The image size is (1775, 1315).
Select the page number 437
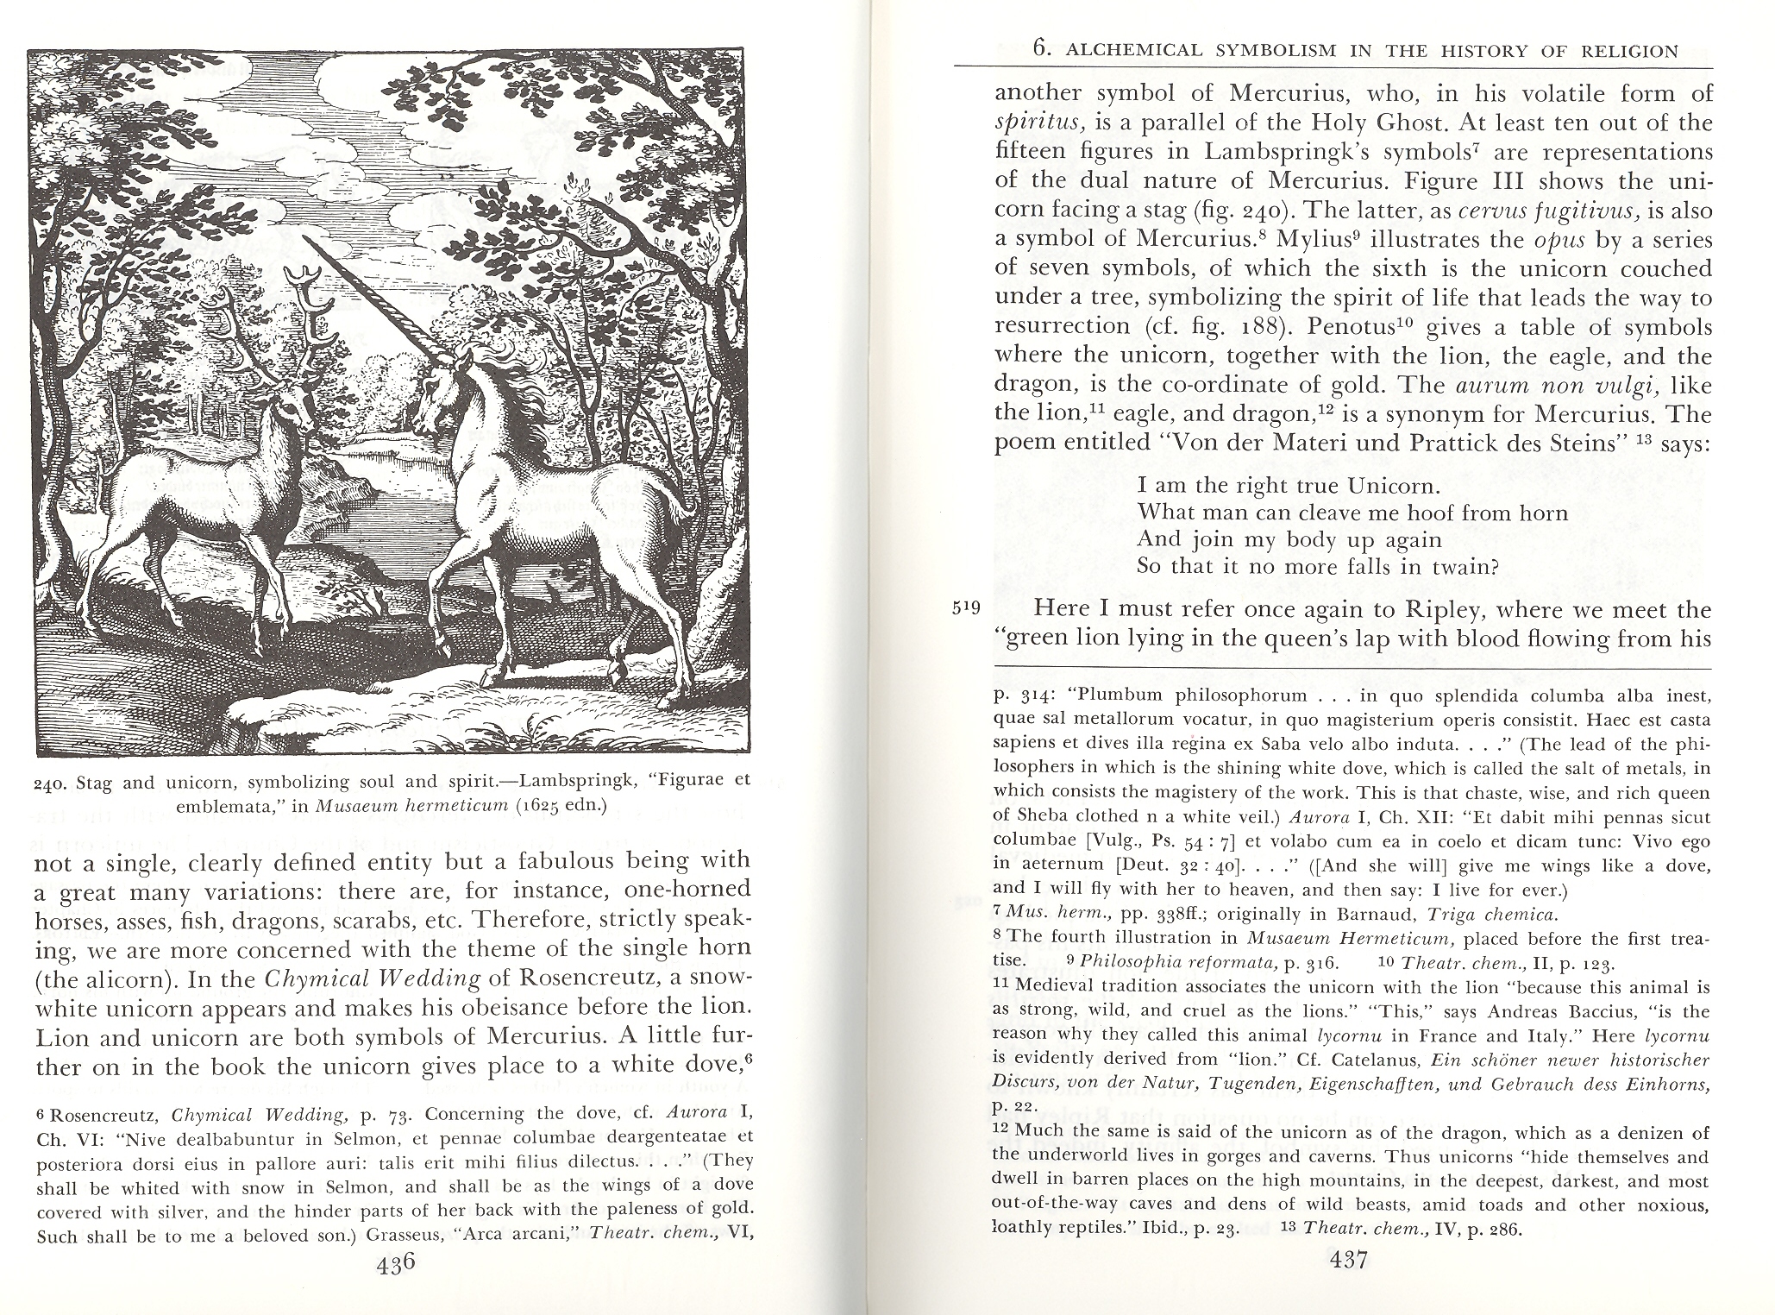(1347, 1261)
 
